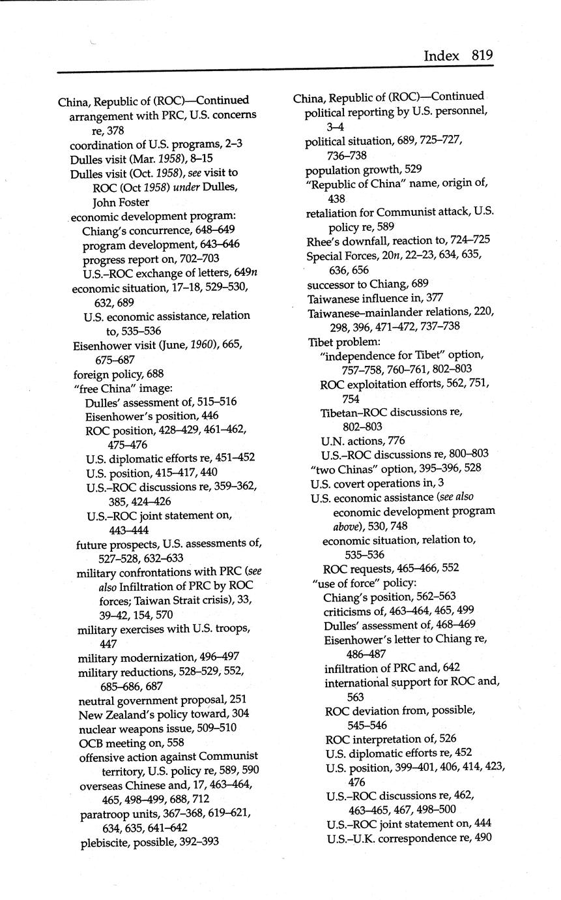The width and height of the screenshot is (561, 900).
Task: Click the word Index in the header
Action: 441,55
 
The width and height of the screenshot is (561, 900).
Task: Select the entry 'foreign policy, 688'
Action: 119,374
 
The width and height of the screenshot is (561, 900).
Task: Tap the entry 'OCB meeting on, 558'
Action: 132,743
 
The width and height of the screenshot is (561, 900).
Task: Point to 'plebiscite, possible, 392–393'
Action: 150,842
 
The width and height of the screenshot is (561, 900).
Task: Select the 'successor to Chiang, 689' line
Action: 367,282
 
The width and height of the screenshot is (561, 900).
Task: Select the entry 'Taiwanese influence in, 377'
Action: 375,298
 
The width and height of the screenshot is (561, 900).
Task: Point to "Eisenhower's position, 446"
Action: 151,415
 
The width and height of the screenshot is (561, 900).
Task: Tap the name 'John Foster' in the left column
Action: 121,202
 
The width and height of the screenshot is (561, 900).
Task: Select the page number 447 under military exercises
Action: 108,643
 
